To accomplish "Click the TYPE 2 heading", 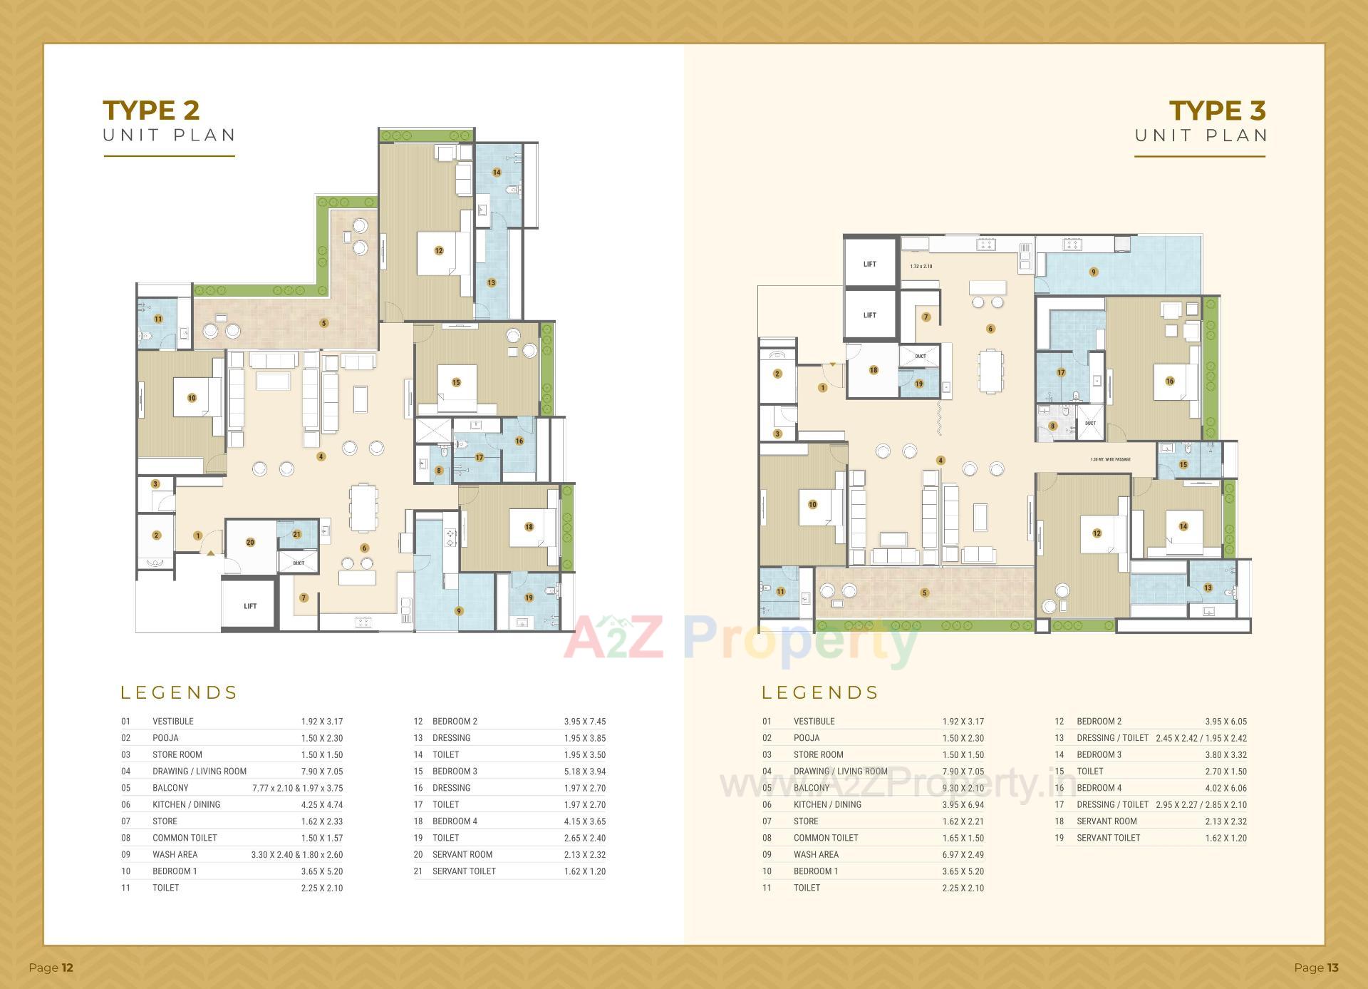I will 151,111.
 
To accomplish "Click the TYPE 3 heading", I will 1217,111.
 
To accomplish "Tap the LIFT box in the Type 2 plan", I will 250,606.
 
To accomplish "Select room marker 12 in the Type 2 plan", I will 439,250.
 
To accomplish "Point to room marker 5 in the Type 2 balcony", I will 323,323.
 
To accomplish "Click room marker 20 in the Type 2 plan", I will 250,543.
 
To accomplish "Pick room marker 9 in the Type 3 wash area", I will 1093,272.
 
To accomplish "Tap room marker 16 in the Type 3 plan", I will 1169,381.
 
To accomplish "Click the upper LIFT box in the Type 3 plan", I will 869,264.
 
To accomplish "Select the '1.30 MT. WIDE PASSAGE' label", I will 1110,460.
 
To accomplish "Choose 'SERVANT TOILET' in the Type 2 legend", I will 464,871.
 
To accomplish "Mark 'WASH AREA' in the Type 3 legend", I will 816,854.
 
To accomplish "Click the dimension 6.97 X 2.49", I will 963,854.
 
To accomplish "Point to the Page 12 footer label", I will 51,968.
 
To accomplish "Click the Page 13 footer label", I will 1316,968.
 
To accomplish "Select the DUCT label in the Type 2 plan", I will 299,563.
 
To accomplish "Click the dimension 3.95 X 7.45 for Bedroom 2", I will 584,722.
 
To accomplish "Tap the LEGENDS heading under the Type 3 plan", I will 820,692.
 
